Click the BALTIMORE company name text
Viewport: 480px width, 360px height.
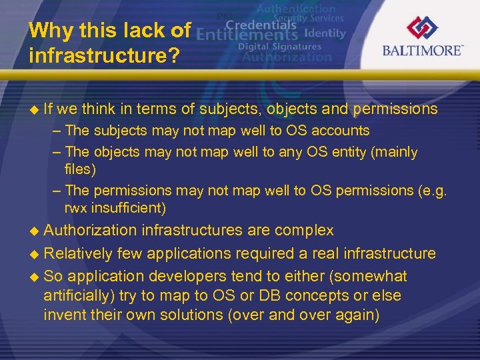click(x=423, y=51)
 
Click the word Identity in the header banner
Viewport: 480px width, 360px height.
click(x=325, y=33)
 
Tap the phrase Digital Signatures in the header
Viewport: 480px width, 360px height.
click(x=279, y=47)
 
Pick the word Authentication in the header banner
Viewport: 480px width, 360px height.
click(x=296, y=9)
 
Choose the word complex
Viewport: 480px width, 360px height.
click(x=305, y=231)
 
